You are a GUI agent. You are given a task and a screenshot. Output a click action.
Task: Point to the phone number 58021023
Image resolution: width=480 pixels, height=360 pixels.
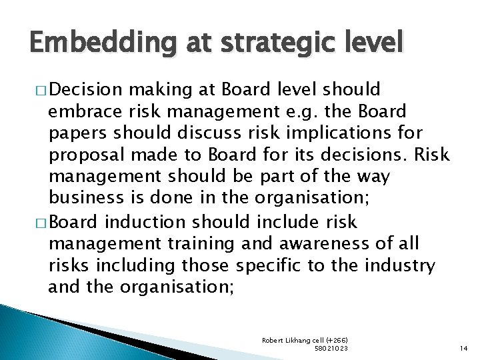[331, 348]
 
